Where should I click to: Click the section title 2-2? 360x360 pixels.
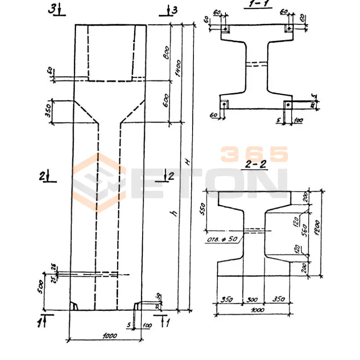257,164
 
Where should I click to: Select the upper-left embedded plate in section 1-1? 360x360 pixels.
224,29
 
